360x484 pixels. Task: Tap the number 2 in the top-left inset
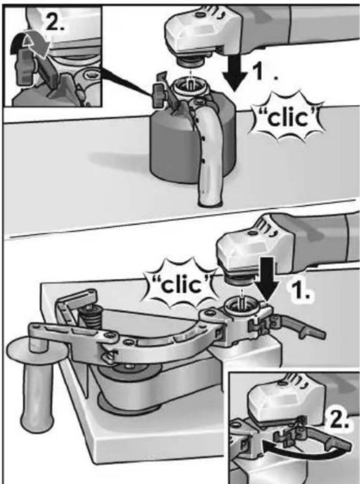pyautogui.click(x=55, y=23)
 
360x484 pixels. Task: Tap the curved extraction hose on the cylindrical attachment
pyautogui.click(x=209, y=154)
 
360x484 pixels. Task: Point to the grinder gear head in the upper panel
pyautogui.click(x=200, y=34)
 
